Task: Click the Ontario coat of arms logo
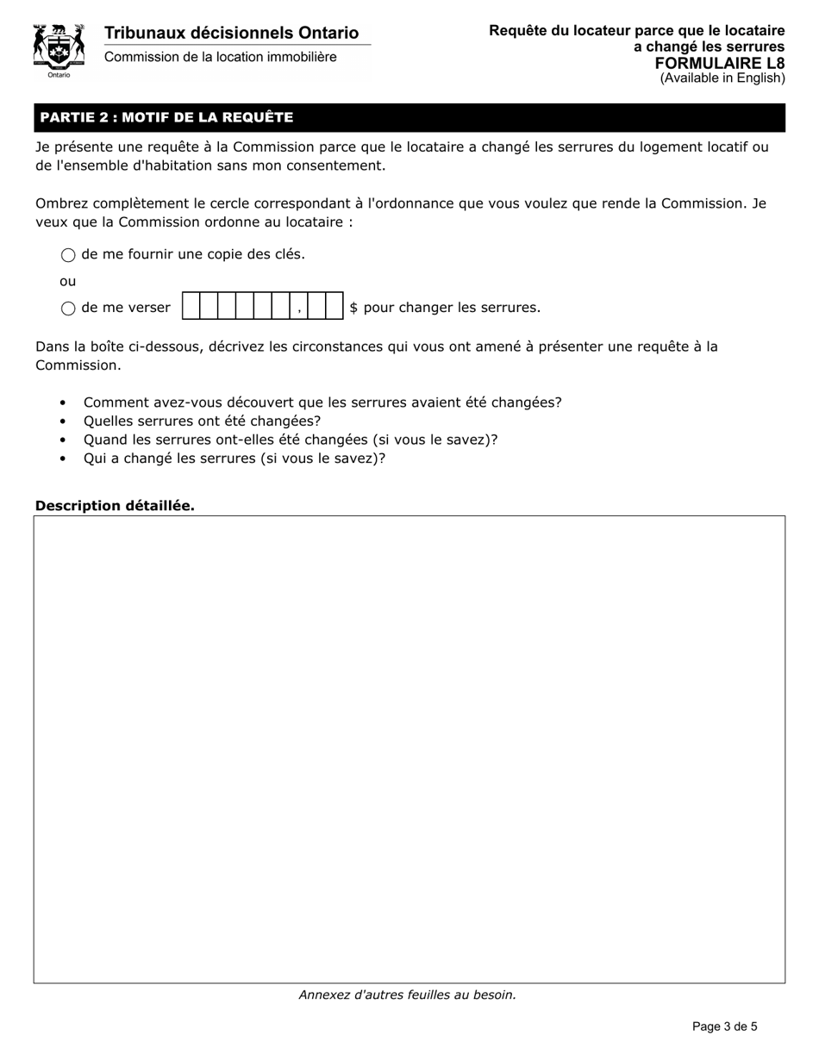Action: pyautogui.click(x=59, y=49)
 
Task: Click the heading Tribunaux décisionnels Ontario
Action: pyautogui.click(x=231, y=34)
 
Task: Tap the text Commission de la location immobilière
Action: pyautogui.click(x=221, y=57)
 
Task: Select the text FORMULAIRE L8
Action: pyautogui.click(x=720, y=63)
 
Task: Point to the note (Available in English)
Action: pyautogui.click(x=722, y=78)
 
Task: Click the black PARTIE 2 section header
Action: pyautogui.click(x=409, y=117)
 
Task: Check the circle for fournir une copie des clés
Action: pyautogui.click(x=68, y=255)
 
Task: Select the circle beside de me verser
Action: pyautogui.click(x=68, y=309)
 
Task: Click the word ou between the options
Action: pyautogui.click(x=67, y=281)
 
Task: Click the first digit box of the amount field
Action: pyautogui.click(x=191, y=307)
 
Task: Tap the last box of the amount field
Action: pyautogui.click(x=334, y=307)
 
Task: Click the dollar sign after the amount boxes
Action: pyautogui.click(x=353, y=308)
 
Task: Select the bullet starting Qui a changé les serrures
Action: pyautogui.click(x=234, y=458)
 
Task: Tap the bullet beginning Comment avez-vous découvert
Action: pyautogui.click(x=322, y=402)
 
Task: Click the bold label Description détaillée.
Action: pyautogui.click(x=115, y=506)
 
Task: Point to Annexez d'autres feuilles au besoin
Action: pyautogui.click(x=407, y=995)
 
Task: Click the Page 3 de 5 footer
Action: pyautogui.click(x=724, y=1026)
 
